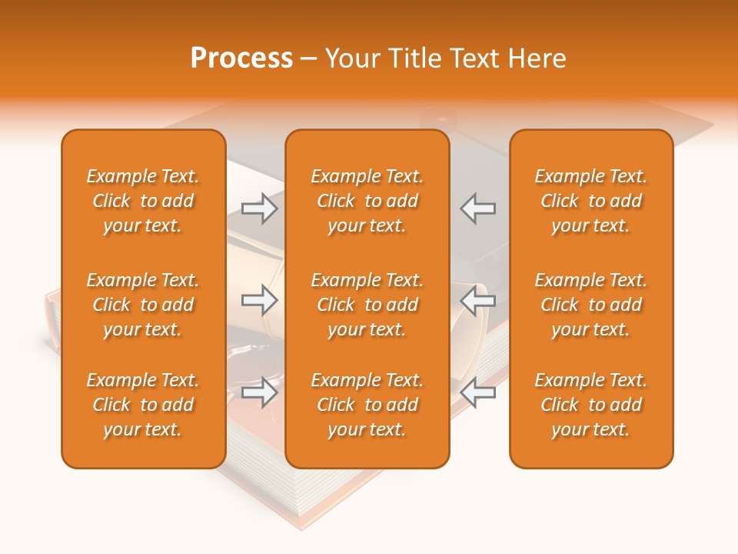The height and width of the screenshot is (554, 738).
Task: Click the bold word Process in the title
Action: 241,58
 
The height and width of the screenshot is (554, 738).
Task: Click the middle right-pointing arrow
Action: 260,300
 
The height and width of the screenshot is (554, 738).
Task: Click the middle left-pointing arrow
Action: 478,300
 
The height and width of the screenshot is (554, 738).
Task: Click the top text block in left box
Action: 143,201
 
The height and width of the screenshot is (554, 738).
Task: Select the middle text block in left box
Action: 143,305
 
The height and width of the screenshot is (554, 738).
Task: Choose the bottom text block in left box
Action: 143,405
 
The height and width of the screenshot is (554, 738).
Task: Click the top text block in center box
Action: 367,201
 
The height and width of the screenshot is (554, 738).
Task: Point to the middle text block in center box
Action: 367,305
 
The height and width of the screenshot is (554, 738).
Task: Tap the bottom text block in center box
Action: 367,405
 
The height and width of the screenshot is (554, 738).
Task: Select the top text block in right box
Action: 591,201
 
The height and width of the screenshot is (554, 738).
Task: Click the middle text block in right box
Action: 591,305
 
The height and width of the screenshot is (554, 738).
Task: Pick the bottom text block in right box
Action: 591,405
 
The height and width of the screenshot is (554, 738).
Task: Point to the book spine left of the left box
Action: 52,323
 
